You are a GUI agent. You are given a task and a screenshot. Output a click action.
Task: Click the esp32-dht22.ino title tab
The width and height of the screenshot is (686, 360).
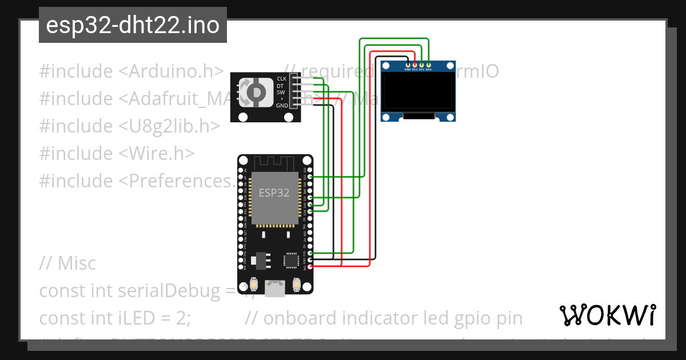coord(133,25)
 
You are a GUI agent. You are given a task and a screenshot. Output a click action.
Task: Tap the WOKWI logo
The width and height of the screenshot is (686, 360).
coord(607,315)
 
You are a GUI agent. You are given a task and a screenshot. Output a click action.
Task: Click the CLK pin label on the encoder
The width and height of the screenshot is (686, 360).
coord(282,78)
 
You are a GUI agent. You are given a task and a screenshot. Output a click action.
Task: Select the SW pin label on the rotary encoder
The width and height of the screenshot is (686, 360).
coord(281,92)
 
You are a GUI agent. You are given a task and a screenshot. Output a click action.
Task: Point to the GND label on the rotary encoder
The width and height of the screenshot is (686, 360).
coord(282,106)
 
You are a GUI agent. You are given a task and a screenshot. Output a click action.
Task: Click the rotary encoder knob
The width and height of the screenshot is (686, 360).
coord(253,92)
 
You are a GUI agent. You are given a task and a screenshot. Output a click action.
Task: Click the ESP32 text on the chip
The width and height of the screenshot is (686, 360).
coord(274,193)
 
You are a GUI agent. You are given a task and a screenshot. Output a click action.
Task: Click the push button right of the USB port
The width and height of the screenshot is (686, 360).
coord(297,284)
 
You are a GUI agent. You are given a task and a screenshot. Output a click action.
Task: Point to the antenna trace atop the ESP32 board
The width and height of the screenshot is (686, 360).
coord(275,163)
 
